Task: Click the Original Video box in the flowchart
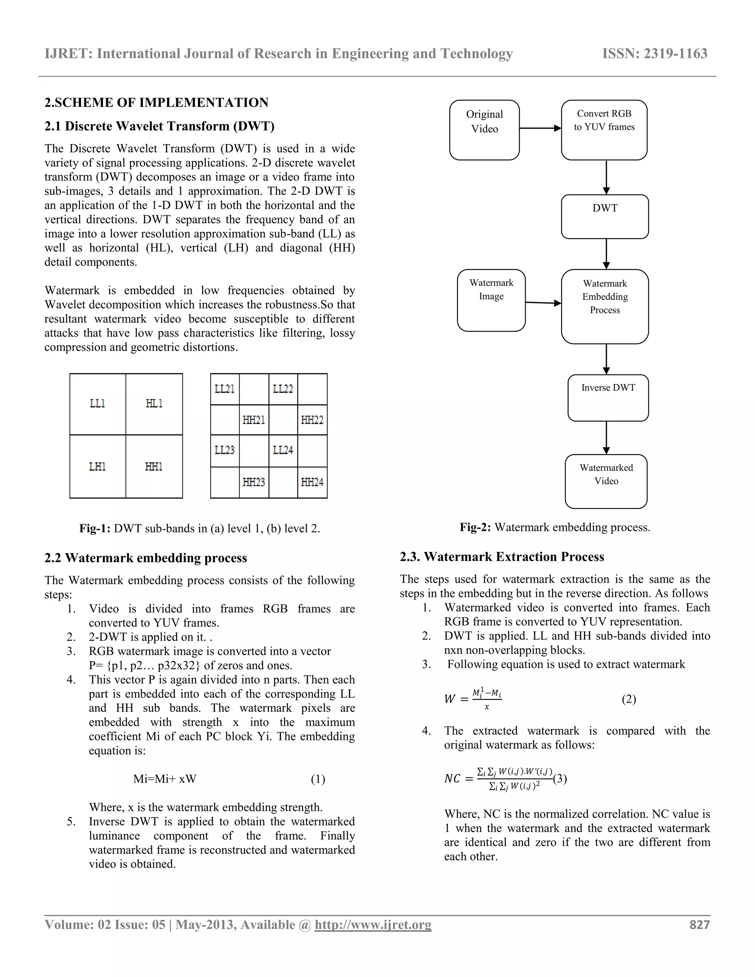[x=484, y=130]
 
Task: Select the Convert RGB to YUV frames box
[x=604, y=130]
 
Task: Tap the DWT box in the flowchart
[x=605, y=216]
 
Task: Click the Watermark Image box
[x=491, y=300]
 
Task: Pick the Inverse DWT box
[x=608, y=398]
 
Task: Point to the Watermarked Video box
[x=606, y=481]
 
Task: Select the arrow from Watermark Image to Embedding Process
[x=543, y=303]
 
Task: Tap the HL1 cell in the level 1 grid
[x=154, y=403]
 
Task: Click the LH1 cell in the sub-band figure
[x=97, y=467]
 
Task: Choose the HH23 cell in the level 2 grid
[x=254, y=482]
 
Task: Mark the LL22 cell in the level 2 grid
[x=283, y=389]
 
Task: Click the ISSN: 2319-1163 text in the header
[x=655, y=54]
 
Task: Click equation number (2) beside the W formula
[x=629, y=699]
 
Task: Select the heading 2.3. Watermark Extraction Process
[x=502, y=557]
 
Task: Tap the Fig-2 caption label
[x=475, y=528]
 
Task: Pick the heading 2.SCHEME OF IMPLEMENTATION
[x=157, y=102]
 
